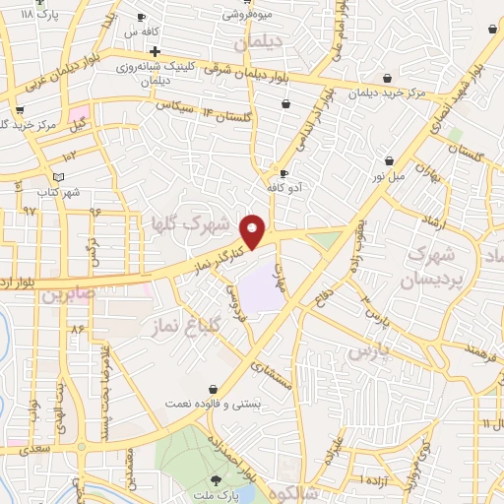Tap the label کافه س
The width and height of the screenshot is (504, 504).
pyautogui.click(x=151, y=31)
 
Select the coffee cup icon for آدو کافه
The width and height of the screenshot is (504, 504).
pyautogui.click(x=283, y=174)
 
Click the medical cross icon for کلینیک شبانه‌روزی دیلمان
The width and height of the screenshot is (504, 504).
pyautogui.click(x=155, y=50)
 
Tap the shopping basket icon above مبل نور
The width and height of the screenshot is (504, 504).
pyautogui.click(x=390, y=159)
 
